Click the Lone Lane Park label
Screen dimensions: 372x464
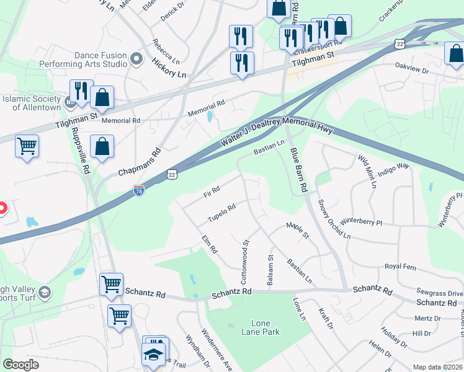pyautogui.click(x=265, y=327)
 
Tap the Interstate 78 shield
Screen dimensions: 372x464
pyautogui.click(x=139, y=192)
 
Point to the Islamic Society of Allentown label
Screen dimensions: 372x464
pyautogui.click(x=32, y=102)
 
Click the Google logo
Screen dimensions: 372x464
pyautogui.click(x=20, y=365)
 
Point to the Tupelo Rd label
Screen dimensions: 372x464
pyautogui.click(x=221, y=212)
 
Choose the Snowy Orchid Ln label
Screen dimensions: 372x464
pyautogui.click(x=334, y=219)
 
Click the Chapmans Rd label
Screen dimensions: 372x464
pyautogui.click(x=140, y=162)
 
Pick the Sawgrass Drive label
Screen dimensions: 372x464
pyautogui.click(x=440, y=293)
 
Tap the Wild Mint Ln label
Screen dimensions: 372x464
pyautogui.click(x=366, y=171)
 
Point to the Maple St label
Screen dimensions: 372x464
pyautogui.click(x=297, y=229)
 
